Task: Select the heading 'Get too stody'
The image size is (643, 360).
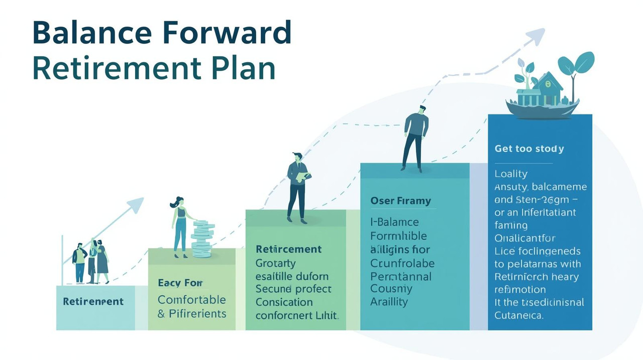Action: coord(529,149)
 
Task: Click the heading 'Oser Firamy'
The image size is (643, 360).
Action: coord(400,201)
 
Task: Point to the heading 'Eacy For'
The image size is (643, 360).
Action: coord(180,283)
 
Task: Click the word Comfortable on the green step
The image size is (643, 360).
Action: coord(191,300)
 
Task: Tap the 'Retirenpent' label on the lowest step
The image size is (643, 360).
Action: coord(93,302)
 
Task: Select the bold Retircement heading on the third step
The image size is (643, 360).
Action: coord(288,249)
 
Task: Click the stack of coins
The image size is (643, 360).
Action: coord(202,238)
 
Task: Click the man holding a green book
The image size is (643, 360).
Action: coord(298,187)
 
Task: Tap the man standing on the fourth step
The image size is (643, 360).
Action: coord(415,138)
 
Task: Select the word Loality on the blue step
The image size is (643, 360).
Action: coord(511,174)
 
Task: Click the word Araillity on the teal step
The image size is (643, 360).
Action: coord(389,302)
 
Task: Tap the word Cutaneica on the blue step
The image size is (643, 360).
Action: coord(519,316)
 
